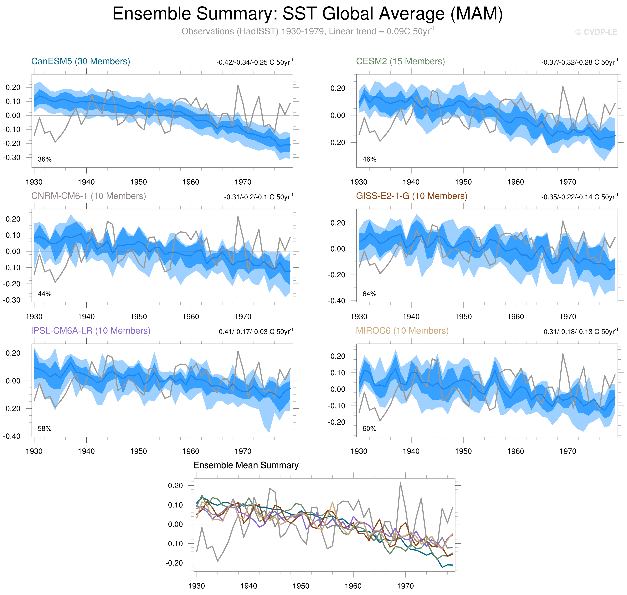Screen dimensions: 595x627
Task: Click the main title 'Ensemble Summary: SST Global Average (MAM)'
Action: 307,14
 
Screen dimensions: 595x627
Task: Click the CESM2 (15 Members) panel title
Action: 400,61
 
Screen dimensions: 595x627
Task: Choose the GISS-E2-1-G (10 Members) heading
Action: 411,196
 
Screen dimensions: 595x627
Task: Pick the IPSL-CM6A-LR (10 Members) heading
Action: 90,331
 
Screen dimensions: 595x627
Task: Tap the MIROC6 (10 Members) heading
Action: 402,331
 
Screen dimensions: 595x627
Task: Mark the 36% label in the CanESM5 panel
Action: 44,159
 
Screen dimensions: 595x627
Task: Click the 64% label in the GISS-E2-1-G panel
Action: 369,294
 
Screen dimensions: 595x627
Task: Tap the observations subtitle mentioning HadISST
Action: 307,31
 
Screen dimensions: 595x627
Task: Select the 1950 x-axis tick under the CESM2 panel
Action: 463,182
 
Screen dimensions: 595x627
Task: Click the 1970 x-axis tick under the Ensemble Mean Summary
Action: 405,586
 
